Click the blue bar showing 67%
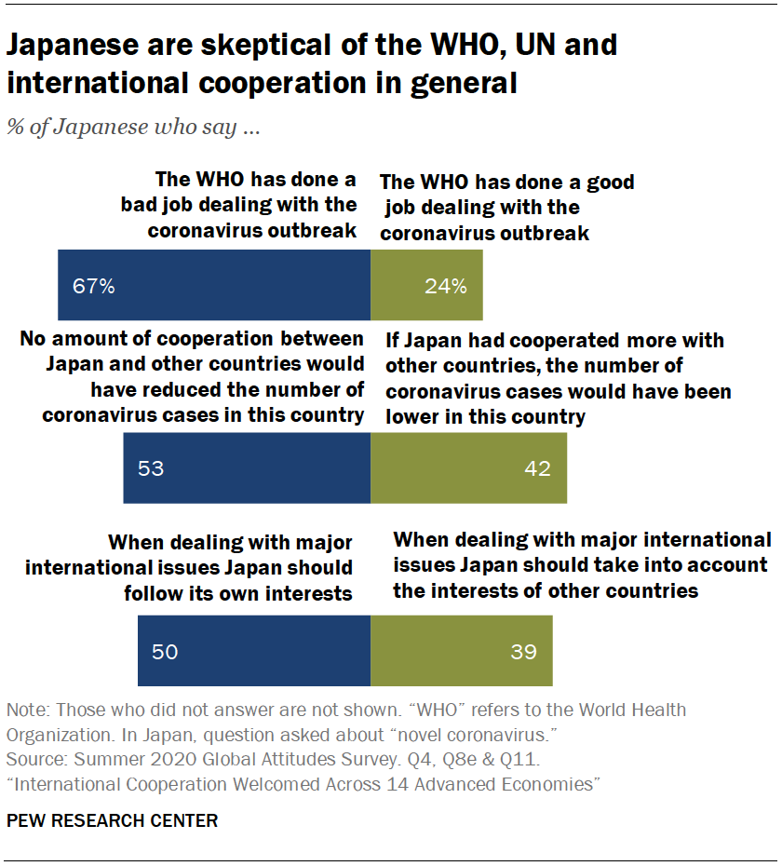(214, 286)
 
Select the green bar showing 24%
(426, 286)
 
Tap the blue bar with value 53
(247, 468)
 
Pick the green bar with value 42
(468, 468)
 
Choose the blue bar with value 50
(254, 651)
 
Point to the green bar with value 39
(461, 651)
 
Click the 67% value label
(94, 286)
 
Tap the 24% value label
(446, 286)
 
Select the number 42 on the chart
(537, 468)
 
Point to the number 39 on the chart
(523, 651)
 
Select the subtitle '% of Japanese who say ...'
(133, 128)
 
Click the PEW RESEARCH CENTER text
(113, 820)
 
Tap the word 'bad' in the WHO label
(142, 205)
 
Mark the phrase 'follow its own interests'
(238, 592)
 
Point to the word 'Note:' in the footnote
(28, 710)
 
